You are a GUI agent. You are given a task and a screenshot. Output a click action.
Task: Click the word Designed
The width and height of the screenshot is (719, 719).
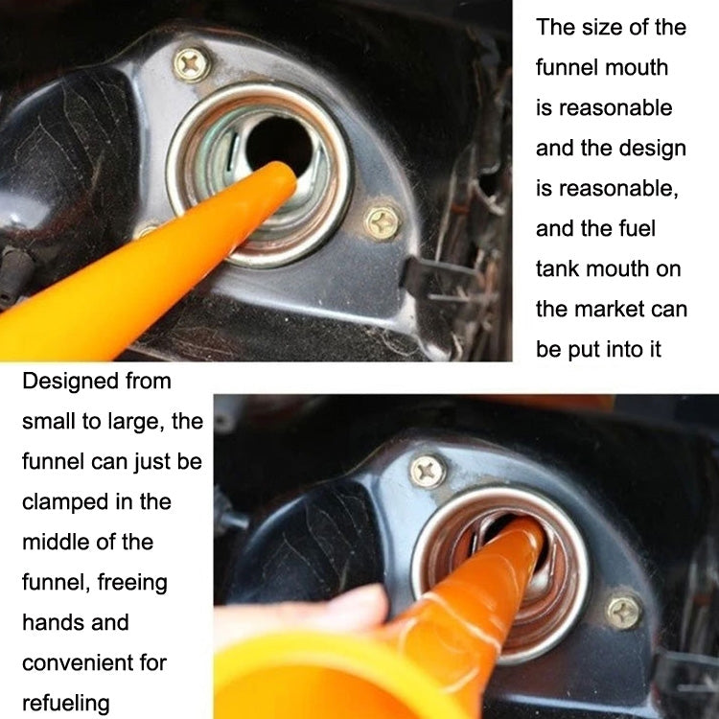click(x=70, y=382)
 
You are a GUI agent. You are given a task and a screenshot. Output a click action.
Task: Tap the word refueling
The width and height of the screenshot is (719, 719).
click(x=66, y=703)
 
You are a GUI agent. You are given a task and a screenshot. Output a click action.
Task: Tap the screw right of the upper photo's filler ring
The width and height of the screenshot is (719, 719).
click(x=383, y=223)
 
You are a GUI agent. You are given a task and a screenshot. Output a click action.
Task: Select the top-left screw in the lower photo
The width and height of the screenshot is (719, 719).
click(x=427, y=470)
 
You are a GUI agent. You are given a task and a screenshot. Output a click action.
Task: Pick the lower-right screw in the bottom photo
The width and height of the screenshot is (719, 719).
click(x=624, y=611)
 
